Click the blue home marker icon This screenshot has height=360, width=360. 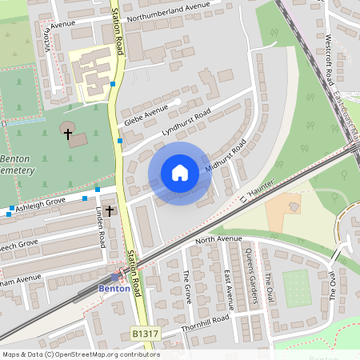click(180, 173)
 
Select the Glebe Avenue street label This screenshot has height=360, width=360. click(146, 115)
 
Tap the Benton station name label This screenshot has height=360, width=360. click(114, 288)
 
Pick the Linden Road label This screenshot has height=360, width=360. click(102, 226)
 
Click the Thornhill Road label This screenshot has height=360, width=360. click(205, 318)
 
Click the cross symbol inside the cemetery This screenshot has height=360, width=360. click(69, 134)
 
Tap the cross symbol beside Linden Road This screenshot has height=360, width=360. click(109, 211)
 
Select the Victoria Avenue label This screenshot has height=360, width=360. click(53, 38)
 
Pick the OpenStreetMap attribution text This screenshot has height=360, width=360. click(81, 354)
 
